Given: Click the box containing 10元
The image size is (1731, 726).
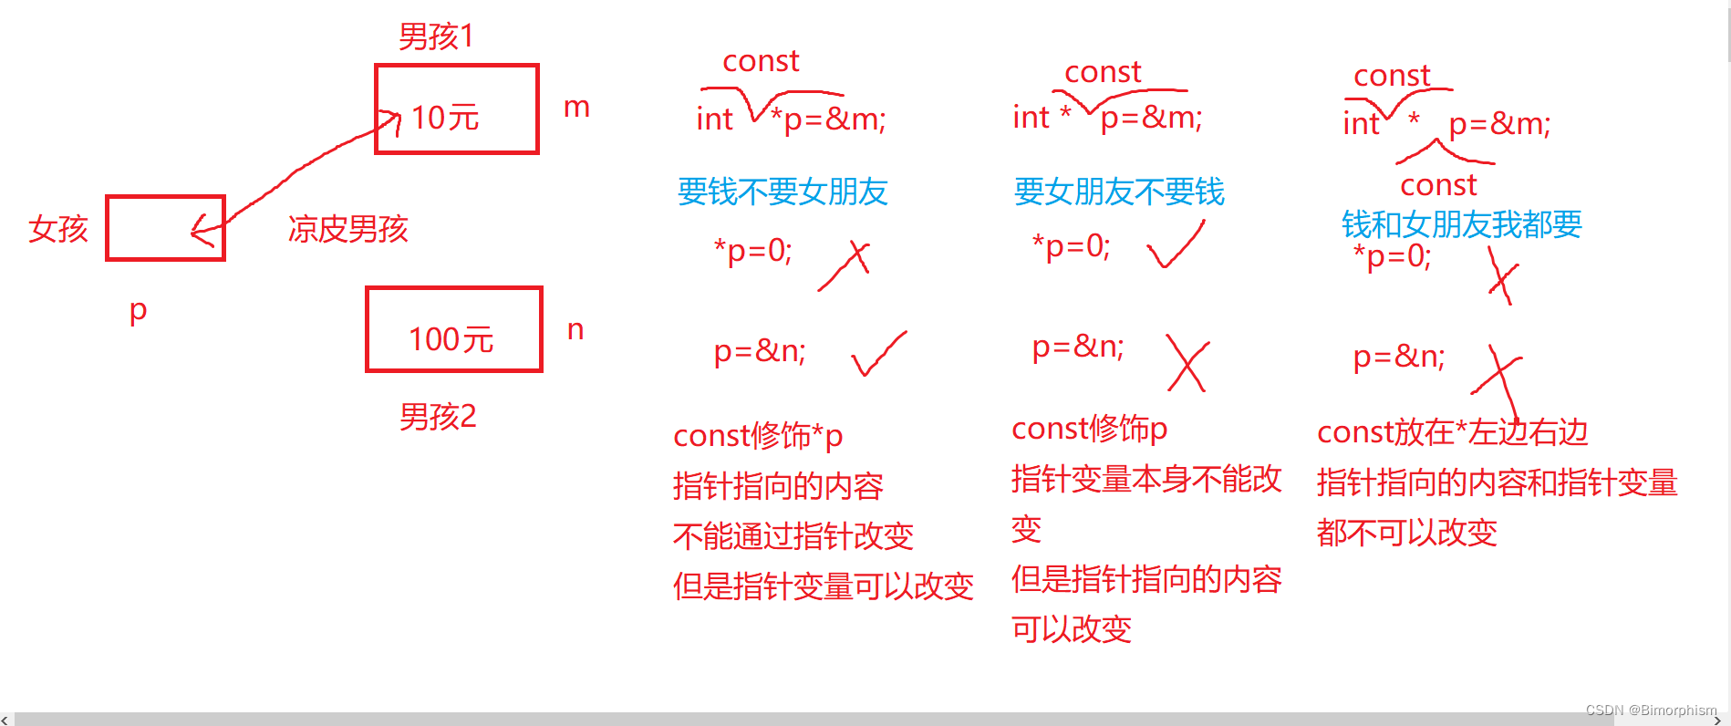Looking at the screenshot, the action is click(456, 109).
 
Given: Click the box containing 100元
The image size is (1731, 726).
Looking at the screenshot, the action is click(453, 330).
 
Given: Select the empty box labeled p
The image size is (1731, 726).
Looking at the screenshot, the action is click(165, 228).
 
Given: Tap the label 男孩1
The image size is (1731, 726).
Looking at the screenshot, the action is click(436, 36).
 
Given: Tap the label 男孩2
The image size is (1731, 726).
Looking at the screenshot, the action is click(438, 417).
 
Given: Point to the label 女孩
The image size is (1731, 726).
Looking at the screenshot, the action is click(58, 228).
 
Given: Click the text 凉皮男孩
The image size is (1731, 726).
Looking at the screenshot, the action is click(347, 228).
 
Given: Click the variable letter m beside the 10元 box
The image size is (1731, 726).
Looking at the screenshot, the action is click(576, 108).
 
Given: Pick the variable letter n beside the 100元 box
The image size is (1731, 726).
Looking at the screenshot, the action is click(575, 330).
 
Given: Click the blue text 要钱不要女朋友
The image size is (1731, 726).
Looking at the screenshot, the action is click(783, 192).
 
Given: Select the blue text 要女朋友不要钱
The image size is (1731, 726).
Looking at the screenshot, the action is click(1119, 192).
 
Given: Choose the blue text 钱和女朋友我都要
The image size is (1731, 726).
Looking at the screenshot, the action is click(1461, 223).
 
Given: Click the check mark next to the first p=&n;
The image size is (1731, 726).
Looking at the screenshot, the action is click(878, 354).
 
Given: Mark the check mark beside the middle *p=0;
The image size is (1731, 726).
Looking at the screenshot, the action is click(1176, 245).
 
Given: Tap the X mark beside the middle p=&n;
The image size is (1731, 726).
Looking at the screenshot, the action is click(1187, 362).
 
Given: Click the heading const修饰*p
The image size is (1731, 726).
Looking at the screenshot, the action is click(758, 436).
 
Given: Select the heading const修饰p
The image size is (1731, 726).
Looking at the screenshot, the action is click(1089, 428).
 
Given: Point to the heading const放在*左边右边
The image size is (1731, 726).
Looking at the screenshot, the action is click(1452, 432).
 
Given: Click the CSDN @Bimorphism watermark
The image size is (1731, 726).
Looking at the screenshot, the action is click(1651, 710).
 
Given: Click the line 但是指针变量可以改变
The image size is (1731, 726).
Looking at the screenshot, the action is click(823, 586).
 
